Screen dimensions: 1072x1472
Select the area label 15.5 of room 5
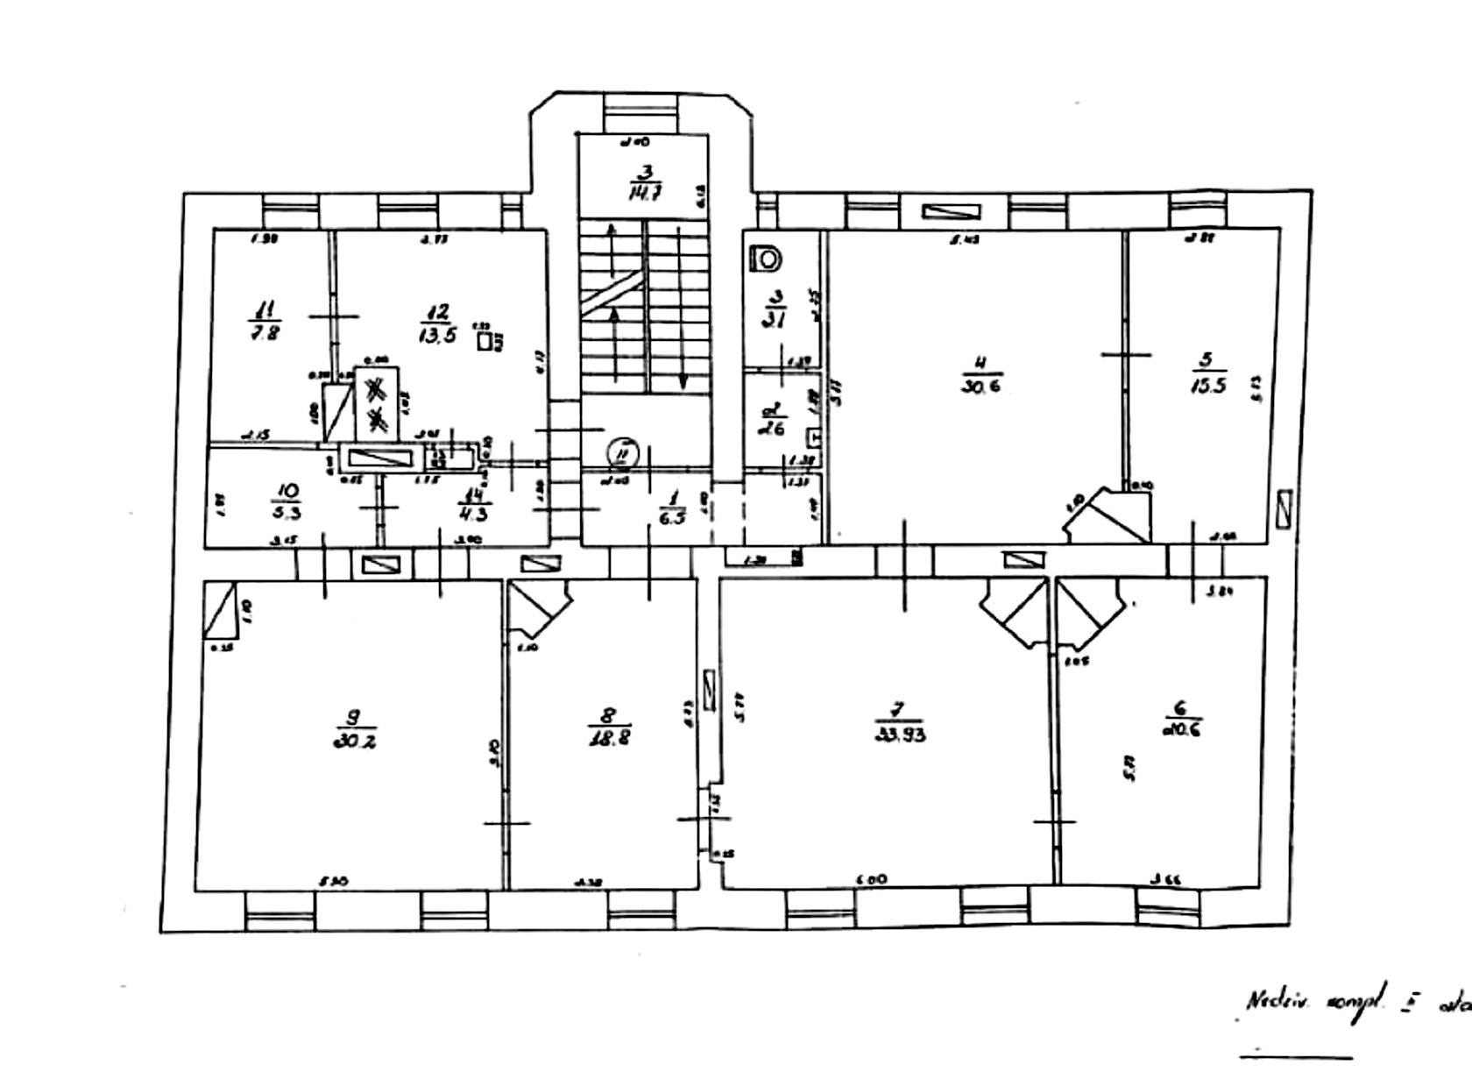click(1208, 386)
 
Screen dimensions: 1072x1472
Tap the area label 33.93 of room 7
click(901, 735)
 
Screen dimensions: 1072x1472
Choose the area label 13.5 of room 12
click(438, 336)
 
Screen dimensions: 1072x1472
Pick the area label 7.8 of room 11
click(265, 333)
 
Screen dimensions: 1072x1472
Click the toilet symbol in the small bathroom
click(768, 259)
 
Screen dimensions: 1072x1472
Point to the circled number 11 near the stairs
click(624, 452)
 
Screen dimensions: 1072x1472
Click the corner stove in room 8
click(538, 607)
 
